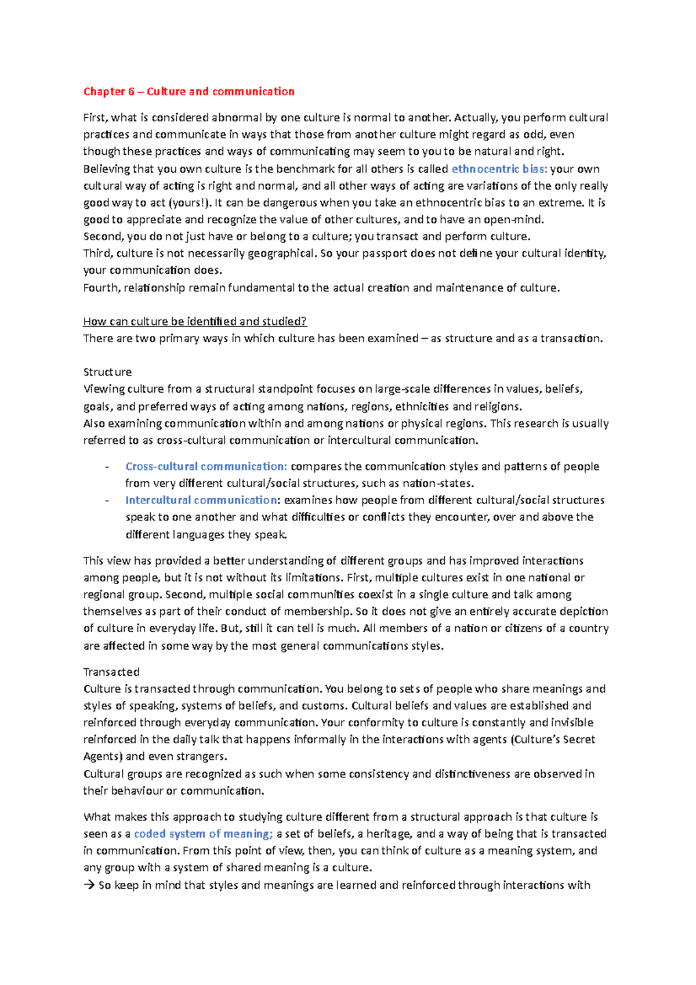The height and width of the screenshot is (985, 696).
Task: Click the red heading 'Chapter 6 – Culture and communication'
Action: click(x=188, y=92)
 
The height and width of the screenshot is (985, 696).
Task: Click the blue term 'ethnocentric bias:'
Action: click(x=499, y=169)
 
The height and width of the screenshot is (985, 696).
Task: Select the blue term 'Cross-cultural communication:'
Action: click(x=206, y=466)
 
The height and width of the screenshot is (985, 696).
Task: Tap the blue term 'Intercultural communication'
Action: click(x=201, y=500)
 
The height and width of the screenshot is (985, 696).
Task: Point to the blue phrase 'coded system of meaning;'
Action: click(x=203, y=834)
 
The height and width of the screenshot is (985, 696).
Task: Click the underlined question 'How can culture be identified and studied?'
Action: click(x=195, y=321)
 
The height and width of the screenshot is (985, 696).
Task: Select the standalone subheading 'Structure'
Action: click(x=107, y=372)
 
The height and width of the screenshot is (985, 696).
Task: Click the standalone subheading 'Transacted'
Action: click(x=111, y=672)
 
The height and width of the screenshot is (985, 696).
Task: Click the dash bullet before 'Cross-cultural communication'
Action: click(x=107, y=467)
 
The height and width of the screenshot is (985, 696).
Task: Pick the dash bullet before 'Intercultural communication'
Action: click(x=107, y=501)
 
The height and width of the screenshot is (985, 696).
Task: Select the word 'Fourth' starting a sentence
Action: click(x=101, y=288)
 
